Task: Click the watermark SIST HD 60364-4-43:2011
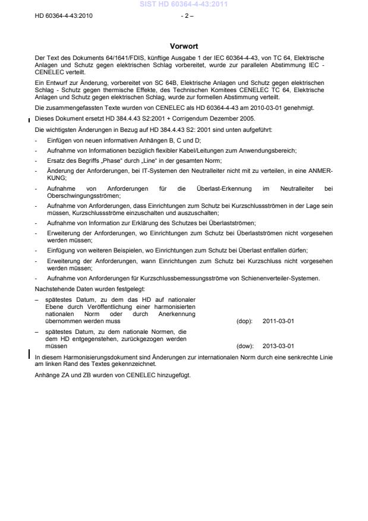(x=184, y=5)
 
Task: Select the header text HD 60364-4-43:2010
(x=64, y=15)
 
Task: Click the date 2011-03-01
(x=282, y=321)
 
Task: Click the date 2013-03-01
(x=282, y=345)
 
